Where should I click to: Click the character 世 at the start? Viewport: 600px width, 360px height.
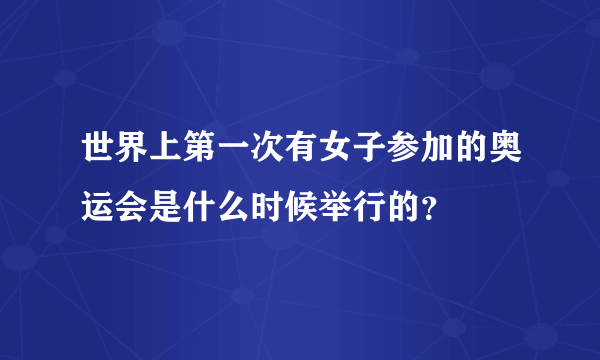[99, 156]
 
